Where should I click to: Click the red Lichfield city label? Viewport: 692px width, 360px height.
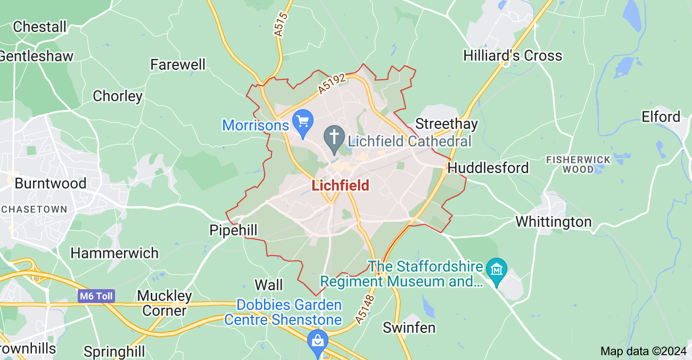(x=340, y=186)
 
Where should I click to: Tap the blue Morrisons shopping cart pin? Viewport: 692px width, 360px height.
(x=303, y=122)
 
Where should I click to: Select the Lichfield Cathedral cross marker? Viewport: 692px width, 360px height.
(x=334, y=138)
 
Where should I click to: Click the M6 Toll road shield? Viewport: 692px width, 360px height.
(x=96, y=297)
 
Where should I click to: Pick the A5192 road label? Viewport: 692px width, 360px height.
(x=333, y=85)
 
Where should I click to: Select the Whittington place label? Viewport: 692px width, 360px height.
(x=554, y=222)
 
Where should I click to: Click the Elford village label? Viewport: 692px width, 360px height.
(x=661, y=117)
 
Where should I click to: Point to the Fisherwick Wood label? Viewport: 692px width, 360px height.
(x=578, y=165)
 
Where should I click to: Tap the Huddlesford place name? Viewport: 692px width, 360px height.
(x=488, y=168)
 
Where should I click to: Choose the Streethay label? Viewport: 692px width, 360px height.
(x=447, y=124)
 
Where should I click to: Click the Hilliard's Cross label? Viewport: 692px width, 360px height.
(x=513, y=55)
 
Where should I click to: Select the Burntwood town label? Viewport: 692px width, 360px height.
(x=51, y=183)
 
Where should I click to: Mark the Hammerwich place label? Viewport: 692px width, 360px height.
(x=114, y=253)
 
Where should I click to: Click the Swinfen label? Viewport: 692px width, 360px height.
(x=409, y=328)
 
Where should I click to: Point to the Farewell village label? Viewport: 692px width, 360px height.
(x=178, y=65)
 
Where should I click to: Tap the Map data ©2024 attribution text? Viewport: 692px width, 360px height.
(x=642, y=351)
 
